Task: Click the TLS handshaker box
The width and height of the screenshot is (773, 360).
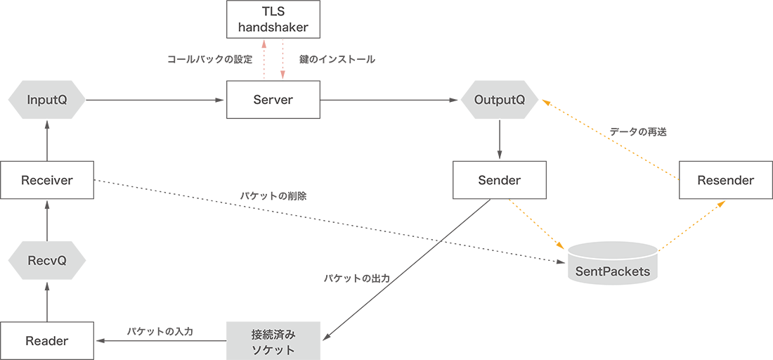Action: point(273,20)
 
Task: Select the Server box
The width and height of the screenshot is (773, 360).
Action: point(273,100)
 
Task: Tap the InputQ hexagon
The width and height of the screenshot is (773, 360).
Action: point(46,100)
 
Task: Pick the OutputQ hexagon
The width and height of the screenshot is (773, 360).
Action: point(500,100)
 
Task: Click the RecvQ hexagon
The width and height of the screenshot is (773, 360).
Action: point(46,261)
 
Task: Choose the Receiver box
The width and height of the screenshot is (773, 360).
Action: point(46,181)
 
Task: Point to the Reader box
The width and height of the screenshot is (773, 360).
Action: point(46,341)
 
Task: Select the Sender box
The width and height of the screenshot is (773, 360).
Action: point(500,181)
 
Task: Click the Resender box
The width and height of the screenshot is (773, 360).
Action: point(725,181)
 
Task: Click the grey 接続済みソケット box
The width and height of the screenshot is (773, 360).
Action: point(273,341)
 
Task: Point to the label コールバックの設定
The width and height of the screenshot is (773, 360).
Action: point(209,60)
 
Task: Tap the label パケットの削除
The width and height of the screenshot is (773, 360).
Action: point(273,196)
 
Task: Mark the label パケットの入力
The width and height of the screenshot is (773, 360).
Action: point(160,330)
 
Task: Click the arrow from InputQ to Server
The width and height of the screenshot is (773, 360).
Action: point(155,100)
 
